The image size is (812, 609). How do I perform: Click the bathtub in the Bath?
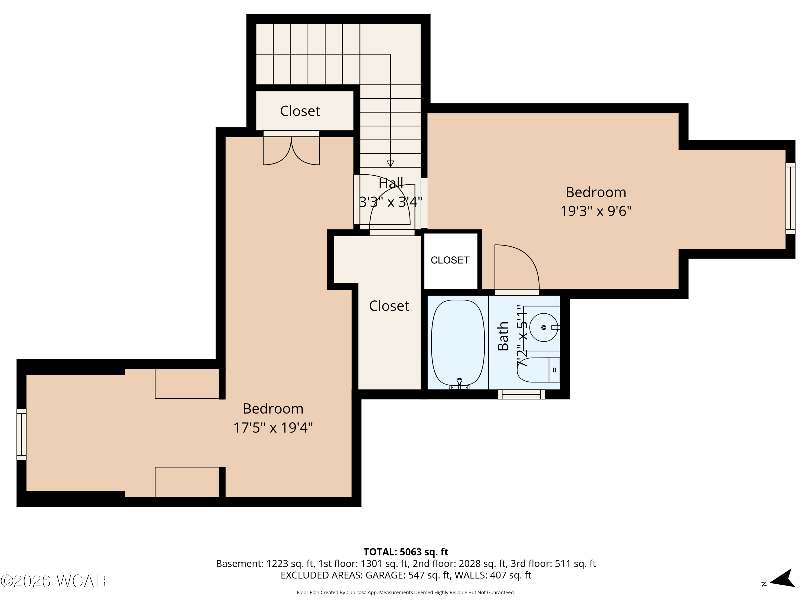point(458,343)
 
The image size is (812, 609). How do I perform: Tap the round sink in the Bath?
point(544,328)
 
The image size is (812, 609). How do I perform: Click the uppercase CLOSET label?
point(450,260)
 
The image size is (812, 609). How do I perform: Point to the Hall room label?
point(391,183)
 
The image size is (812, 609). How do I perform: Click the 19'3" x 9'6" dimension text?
point(596,211)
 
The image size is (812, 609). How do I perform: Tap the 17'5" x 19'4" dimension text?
point(273,428)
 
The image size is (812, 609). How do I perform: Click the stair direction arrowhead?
point(391,163)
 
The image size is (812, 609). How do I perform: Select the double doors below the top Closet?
point(291,150)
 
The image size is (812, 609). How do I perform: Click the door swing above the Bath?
point(517,267)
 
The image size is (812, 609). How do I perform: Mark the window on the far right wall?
point(790,198)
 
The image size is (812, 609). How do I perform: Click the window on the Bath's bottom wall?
point(521,394)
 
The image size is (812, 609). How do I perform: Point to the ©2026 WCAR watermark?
point(54,581)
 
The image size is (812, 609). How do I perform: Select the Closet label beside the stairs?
point(300,111)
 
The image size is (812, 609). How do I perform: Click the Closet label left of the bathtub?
point(389,306)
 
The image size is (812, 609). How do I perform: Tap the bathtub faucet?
point(459,383)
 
